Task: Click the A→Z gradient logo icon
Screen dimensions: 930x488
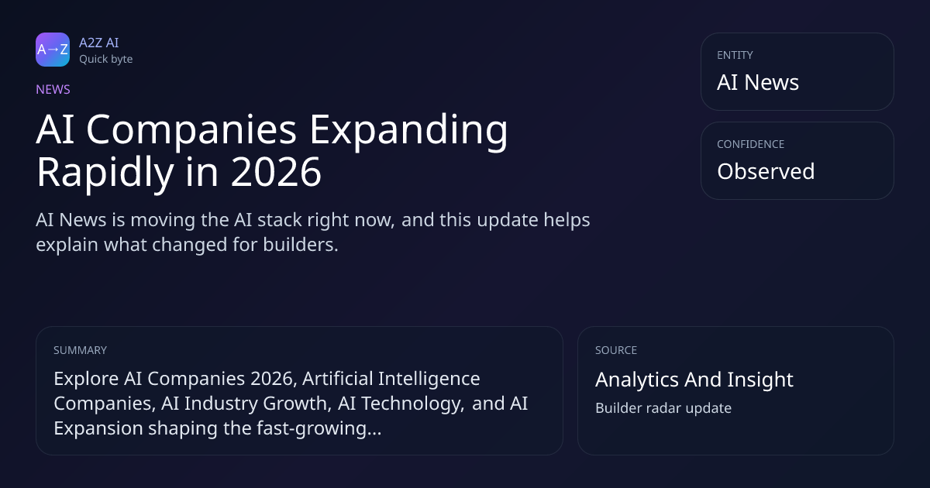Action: click(53, 50)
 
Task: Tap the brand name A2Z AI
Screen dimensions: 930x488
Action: click(99, 43)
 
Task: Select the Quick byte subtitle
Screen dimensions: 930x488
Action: click(106, 60)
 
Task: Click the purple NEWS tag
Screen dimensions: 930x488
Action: click(53, 89)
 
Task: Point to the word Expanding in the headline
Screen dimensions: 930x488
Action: click(408, 131)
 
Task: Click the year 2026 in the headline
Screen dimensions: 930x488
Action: click(276, 172)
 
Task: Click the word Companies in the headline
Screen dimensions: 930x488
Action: click(191, 131)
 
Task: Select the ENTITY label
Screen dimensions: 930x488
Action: click(735, 55)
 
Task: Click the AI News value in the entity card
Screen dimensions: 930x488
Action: click(758, 82)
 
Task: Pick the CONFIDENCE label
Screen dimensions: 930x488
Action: click(751, 144)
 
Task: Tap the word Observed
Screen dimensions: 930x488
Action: click(766, 171)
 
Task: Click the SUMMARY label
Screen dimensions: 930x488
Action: click(80, 350)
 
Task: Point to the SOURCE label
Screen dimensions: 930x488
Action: click(616, 350)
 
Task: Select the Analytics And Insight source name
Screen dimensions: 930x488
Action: click(694, 380)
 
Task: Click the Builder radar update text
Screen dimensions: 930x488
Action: click(663, 408)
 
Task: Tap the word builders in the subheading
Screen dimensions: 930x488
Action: click(301, 245)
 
